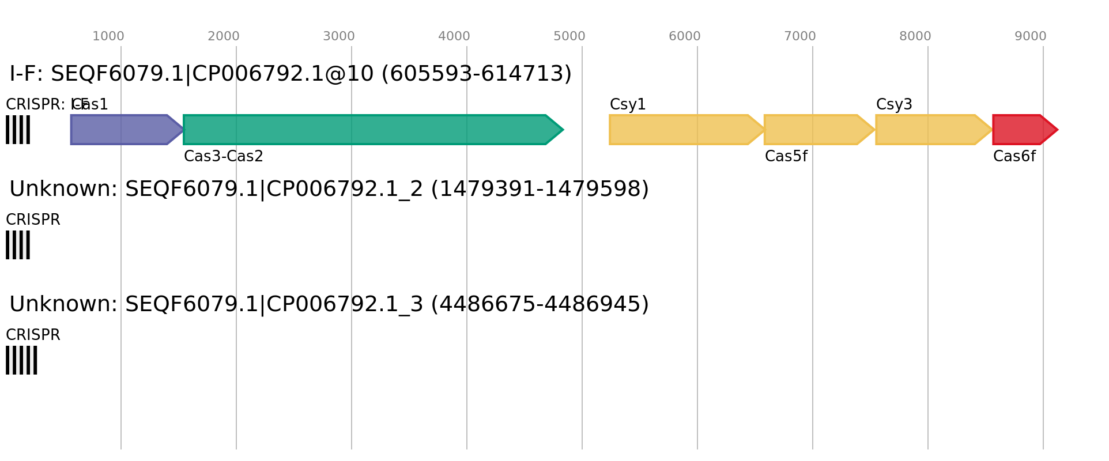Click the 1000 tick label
108,36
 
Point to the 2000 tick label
223,36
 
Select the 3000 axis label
338,36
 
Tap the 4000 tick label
454,36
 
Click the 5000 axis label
569,36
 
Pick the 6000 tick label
684,36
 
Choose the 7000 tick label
799,36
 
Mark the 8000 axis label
915,36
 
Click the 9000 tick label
1030,36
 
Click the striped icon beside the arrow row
18,130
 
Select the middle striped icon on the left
18,245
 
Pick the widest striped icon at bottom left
21,360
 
